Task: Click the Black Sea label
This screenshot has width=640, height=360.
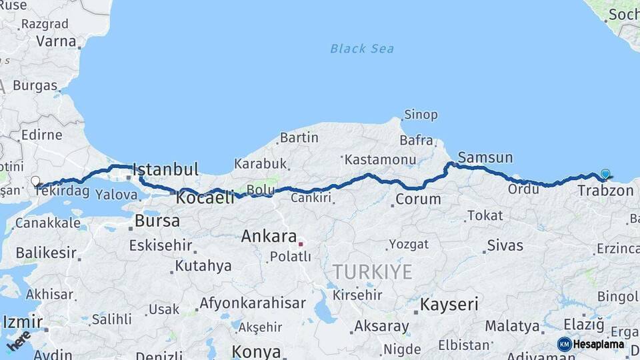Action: pos(362,49)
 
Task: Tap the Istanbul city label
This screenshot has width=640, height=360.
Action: pos(166,169)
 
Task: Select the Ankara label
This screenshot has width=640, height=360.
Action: pos(269,236)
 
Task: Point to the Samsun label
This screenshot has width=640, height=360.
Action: pos(485,158)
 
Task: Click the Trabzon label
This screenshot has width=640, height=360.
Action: pos(605,191)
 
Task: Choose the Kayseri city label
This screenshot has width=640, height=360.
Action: pos(449,305)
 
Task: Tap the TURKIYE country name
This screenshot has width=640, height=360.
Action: pos(373,272)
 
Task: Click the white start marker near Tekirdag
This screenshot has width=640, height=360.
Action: pos(35,181)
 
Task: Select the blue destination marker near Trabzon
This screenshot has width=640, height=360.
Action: pos(605,174)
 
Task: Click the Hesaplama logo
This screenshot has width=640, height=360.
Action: pos(591,344)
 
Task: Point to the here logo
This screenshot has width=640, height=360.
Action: pos(19,341)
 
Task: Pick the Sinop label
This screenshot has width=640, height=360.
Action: pos(421,115)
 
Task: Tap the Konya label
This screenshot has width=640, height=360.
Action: pos(256,351)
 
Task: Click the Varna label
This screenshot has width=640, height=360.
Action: pos(56,41)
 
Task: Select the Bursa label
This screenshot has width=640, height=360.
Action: pos(157,221)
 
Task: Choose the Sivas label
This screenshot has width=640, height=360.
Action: pos(505,245)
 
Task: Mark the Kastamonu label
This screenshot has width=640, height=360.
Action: pos(381,160)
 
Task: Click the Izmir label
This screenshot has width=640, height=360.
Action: pos(22,323)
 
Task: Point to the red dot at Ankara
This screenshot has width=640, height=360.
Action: pos(301,244)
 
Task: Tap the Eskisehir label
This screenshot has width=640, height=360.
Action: pos(161,245)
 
